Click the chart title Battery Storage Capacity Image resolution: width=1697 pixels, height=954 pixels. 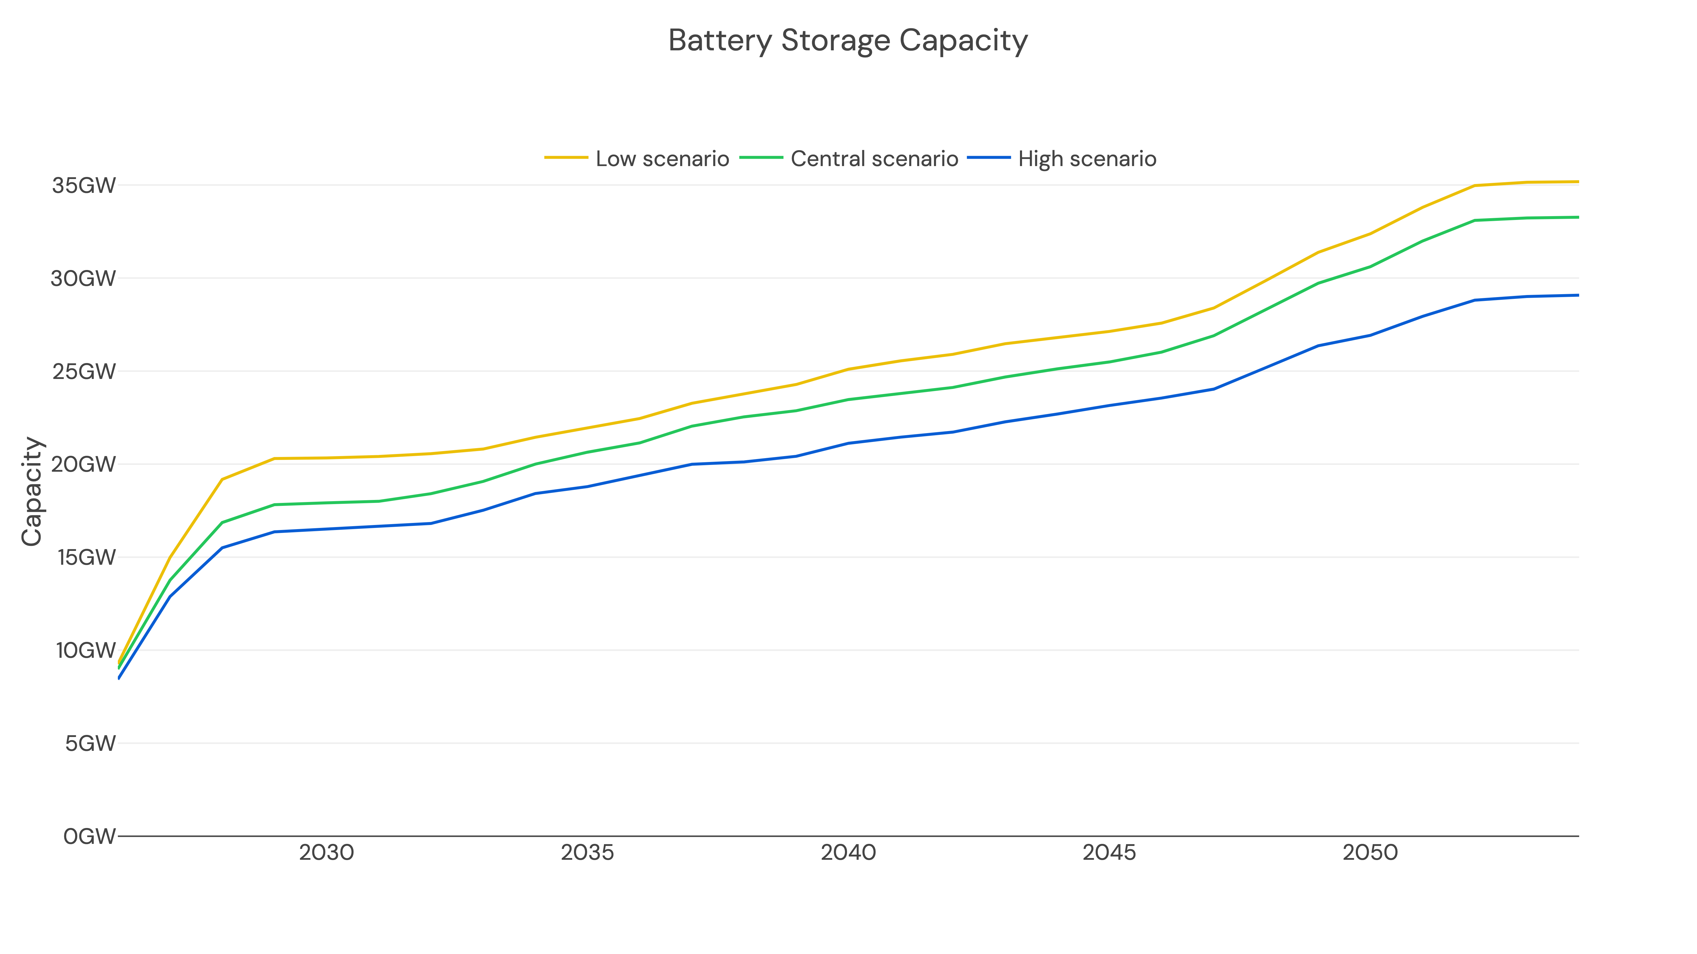pos(848,41)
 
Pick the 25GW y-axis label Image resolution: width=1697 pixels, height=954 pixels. pos(84,371)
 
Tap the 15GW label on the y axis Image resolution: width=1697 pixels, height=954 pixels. pos(86,558)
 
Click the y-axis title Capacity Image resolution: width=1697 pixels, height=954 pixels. pos(32,491)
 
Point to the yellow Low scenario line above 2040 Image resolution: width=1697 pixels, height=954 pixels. pos(848,369)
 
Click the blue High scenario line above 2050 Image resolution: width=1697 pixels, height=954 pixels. pos(1370,336)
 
